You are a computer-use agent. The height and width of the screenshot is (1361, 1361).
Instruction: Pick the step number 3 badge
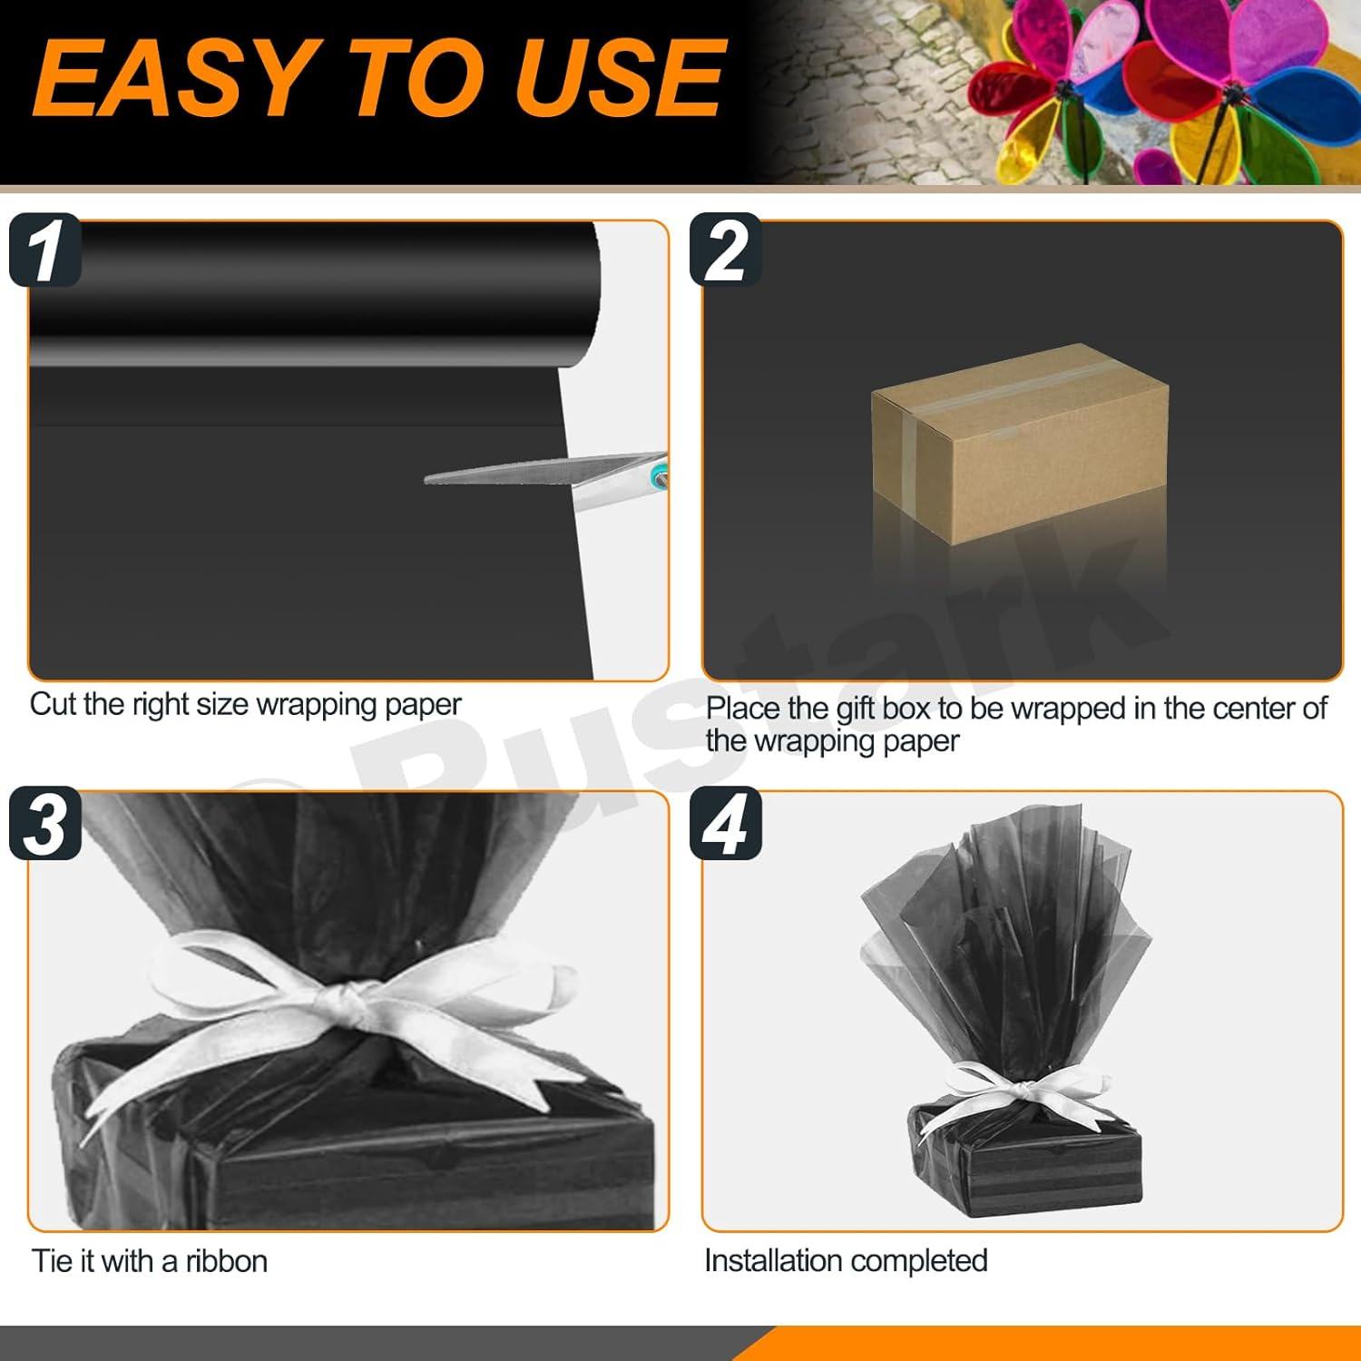click(x=45, y=824)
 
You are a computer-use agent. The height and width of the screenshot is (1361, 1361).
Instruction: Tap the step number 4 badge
click(x=726, y=824)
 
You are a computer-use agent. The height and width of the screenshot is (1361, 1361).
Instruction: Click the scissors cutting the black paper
click(x=544, y=473)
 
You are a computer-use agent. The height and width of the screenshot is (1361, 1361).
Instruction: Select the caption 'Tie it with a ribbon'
click(x=150, y=1261)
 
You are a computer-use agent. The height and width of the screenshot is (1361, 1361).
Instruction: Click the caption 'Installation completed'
click(x=846, y=1260)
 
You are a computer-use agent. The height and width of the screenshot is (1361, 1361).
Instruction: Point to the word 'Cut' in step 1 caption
click(x=54, y=704)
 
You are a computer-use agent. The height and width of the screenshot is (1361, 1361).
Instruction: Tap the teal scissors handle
click(x=660, y=473)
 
